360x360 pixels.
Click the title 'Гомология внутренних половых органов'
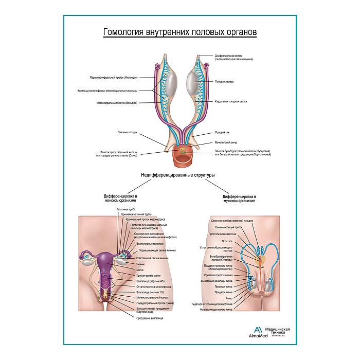click(180, 32)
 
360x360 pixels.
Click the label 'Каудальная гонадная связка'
click(231, 102)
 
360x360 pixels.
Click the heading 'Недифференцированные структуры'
click(177, 175)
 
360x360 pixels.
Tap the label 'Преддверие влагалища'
click(150, 318)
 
